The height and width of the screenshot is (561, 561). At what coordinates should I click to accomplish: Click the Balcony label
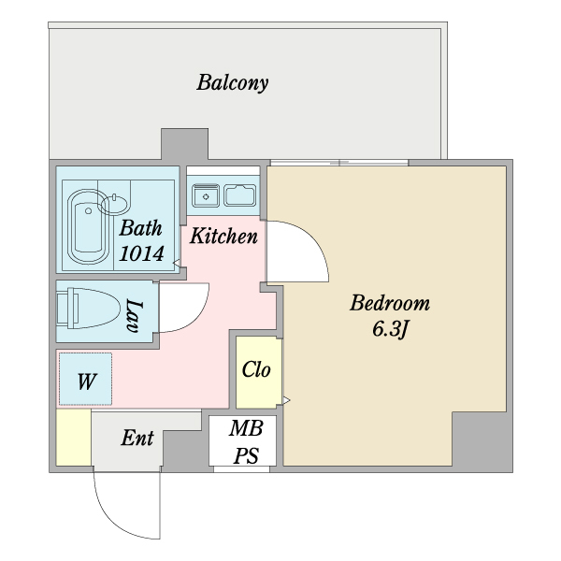pyautogui.click(x=232, y=83)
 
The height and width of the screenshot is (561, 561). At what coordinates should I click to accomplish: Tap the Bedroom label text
pyautogui.click(x=390, y=303)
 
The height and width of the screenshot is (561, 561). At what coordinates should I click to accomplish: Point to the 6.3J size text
pyautogui.click(x=390, y=329)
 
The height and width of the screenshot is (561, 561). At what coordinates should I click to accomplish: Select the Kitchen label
pyautogui.click(x=223, y=236)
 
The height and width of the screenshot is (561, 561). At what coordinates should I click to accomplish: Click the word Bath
pyautogui.click(x=141, y=227)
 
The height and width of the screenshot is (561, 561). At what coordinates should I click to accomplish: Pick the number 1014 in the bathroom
pyautogui.click(x=142, y=252)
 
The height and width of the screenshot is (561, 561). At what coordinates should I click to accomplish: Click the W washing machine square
pyautogui.click(x=85, y=380)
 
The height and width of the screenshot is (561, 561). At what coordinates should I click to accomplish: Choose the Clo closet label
pyautogui.click(x=255, y=369)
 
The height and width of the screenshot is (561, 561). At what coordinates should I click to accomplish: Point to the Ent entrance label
pyautogui.click(x=138, y=438)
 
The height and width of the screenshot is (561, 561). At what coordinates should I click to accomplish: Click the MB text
pyautogui.click(x=248, y=429)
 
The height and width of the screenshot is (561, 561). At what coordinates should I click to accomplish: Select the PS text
pyautogui.click(x=248, y=455)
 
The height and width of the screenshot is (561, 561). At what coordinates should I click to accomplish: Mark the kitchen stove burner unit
pyautogui.click(x=205, y=195)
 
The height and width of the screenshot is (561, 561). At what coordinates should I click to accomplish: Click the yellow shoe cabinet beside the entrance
pyautogui.click(x=73, y=438)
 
